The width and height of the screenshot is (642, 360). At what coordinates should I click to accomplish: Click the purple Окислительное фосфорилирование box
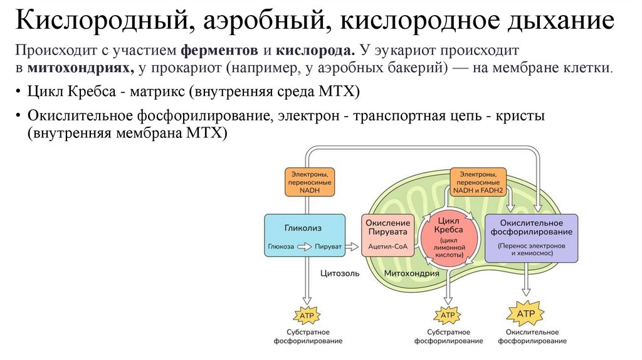point(531,238)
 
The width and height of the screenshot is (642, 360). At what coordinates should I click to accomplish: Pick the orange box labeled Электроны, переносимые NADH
point(309,181)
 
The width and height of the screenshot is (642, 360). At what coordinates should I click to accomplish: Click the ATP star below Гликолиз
point(307,314)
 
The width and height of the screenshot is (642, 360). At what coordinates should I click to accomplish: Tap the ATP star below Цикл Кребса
point(448,314)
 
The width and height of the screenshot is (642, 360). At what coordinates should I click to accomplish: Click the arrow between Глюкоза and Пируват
point(304,247)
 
